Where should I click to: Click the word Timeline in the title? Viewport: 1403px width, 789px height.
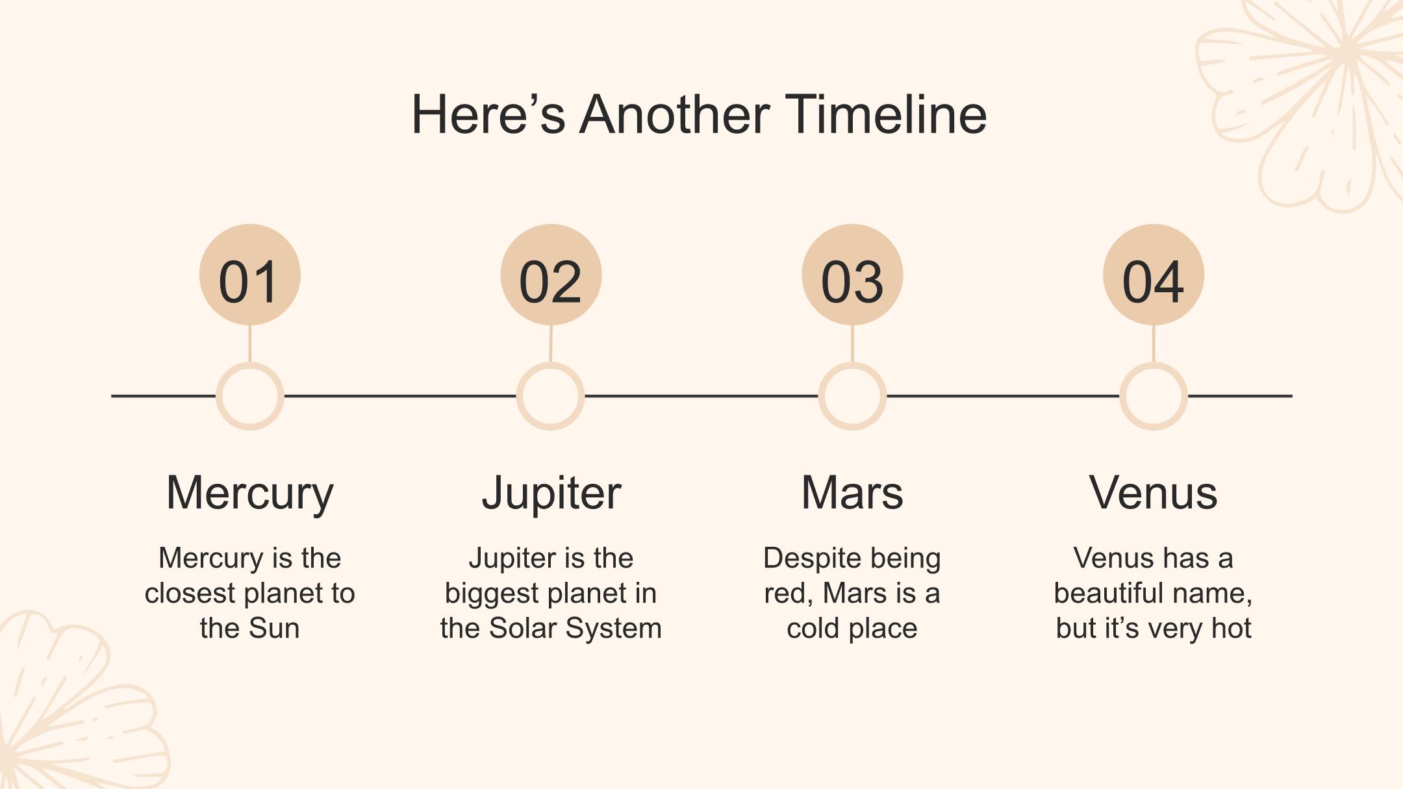click(x=886, y=114)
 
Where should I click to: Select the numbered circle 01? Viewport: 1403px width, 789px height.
click(x=250, y=275)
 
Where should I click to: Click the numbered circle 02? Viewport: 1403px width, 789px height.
click(x=551, y=275)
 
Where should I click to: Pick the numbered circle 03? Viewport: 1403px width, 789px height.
click(x=852, y=275)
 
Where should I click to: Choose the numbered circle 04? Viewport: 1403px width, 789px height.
click(x=1154, y=275)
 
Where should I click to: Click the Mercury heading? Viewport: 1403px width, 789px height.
click(x=250, y=494)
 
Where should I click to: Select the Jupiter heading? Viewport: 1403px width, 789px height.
click(x=551, y=494)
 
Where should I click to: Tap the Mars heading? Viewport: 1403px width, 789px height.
click(x=852, y=492)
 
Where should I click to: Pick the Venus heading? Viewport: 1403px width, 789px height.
click(x=1154, y=492)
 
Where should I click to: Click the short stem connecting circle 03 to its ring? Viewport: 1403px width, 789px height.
click(x=852, y=344)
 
